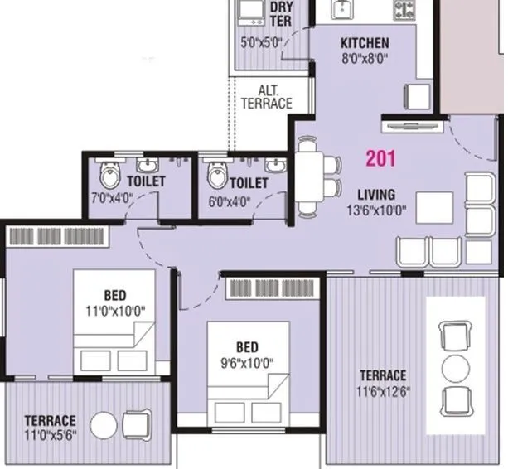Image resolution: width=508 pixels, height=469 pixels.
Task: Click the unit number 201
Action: [380, 158]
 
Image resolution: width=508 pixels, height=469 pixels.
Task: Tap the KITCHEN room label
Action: [365, 43]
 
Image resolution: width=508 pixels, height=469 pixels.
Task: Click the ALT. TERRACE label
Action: [266, 97]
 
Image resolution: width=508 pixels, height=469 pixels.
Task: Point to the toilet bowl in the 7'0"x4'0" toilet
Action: [109, 176]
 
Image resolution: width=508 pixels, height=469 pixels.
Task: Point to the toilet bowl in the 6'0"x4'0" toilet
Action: [216, 176]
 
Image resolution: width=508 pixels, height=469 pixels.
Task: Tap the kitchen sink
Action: [341, 8]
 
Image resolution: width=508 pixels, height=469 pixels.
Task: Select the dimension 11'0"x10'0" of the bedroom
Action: [114, 312]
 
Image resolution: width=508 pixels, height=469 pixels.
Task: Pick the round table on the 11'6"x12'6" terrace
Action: [455, 367]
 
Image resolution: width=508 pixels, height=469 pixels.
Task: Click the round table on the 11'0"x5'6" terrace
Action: [104, 426]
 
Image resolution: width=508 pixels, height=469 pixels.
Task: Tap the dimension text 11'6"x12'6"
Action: [382, 391]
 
